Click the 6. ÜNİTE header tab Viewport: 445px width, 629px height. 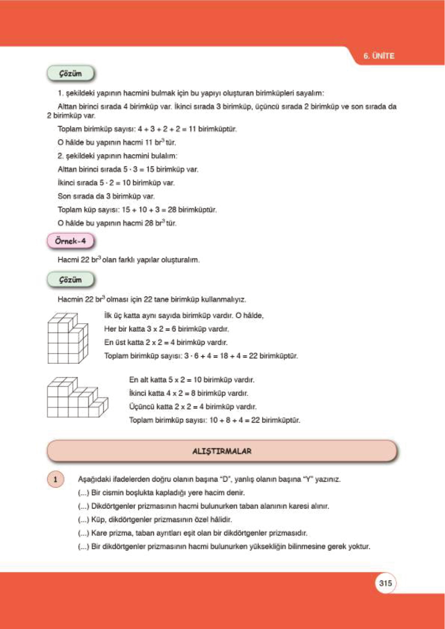(378, 56)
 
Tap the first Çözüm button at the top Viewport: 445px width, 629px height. (70, 74)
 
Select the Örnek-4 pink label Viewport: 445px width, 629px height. (70, 241)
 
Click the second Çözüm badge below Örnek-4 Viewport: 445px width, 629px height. (70, 280)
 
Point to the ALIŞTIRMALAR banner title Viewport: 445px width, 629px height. (222, 451)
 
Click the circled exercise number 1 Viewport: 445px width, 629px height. (55, 479)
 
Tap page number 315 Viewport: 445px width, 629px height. (385, 583)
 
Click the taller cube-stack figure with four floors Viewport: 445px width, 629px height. (68, 339)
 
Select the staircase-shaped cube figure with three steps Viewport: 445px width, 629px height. (77, 397)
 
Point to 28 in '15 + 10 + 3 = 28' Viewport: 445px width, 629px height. (172, 210)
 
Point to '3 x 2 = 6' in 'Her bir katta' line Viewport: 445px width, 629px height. (160, 329)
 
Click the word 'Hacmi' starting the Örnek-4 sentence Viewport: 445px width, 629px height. (68, 260)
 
